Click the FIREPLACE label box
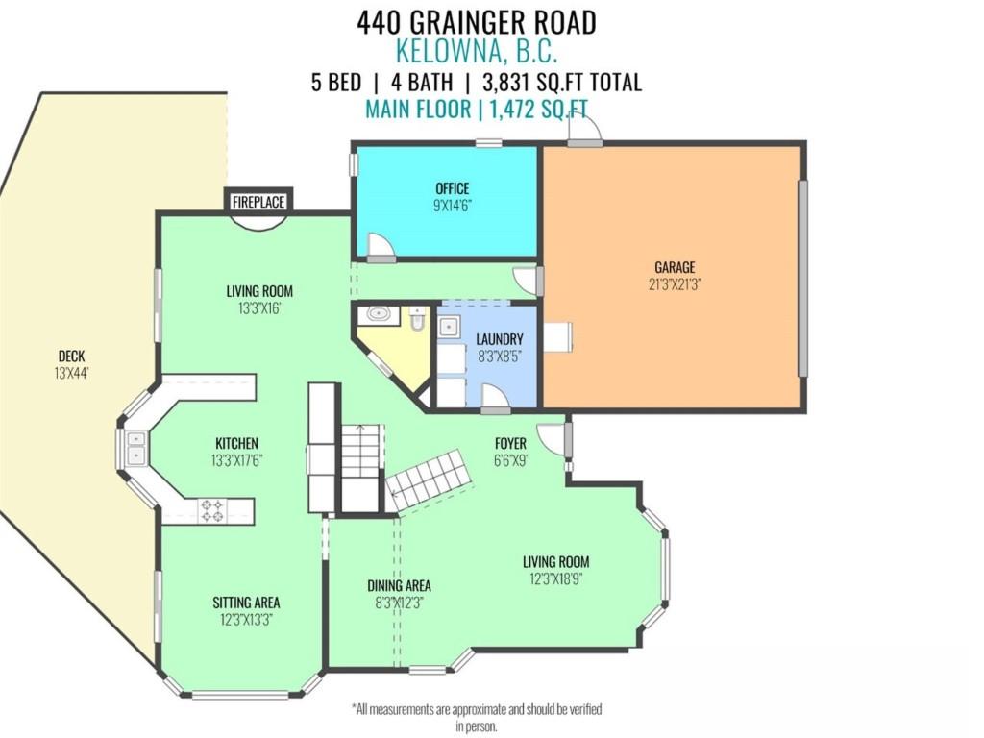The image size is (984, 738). (x=259, y=202)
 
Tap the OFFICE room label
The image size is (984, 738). (x=452, y=188)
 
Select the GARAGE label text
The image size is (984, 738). (x=675, y=267)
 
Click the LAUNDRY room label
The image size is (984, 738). (x=500, y=339)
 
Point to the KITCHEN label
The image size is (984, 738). (x=236, y=443)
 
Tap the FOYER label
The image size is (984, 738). (x=509, y=443)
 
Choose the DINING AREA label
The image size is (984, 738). (x=399, y=585)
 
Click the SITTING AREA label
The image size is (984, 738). (x=246, y=603)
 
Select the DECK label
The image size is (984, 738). (x=71, y=357)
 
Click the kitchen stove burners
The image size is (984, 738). (x=211, y=510)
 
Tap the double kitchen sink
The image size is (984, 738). (x=135, y=448)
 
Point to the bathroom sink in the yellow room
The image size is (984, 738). (x=377, y=313)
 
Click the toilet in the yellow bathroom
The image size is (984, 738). (x=416, y=319)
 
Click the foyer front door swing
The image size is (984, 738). (x=552, y=438)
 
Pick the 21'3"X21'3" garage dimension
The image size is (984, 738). (x=675, y=283)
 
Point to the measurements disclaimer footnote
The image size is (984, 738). (x=478, y=717)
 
